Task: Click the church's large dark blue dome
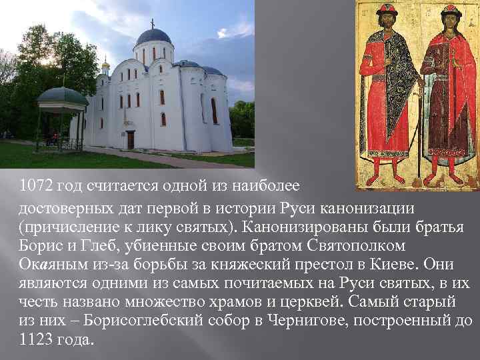pyautogui.click(x=153, y=36)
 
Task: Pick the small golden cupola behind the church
pyautogui.click(x=105, y=65)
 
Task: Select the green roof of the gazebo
pyautogui.click(x=61, y=97)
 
